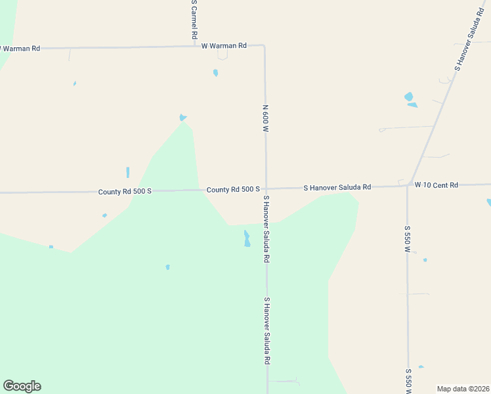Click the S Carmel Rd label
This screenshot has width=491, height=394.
[194, 20]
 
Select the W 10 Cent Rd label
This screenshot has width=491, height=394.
[436, 186]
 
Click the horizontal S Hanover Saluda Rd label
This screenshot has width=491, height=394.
[337, 188]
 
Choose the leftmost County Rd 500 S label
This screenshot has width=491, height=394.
[125, 192]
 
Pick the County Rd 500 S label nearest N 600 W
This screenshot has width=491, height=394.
[233, 190]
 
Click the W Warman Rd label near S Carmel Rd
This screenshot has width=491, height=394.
[223, 46]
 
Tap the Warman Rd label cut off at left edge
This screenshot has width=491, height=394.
[20, 49]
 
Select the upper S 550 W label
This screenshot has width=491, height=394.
[407, 240]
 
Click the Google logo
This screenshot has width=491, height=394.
[22, 386]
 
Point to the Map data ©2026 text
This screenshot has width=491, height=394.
[462, 389]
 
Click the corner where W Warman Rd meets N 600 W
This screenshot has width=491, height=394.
[264, 46]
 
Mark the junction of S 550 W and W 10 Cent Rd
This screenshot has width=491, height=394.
[408, 186]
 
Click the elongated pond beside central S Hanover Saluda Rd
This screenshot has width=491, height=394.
[247, 238]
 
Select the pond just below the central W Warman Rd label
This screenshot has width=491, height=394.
[215, 73]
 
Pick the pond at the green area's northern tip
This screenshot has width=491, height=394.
[182, 118]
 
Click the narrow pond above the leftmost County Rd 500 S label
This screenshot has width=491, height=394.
[127, 172]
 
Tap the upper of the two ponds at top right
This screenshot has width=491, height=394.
[409, 97]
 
